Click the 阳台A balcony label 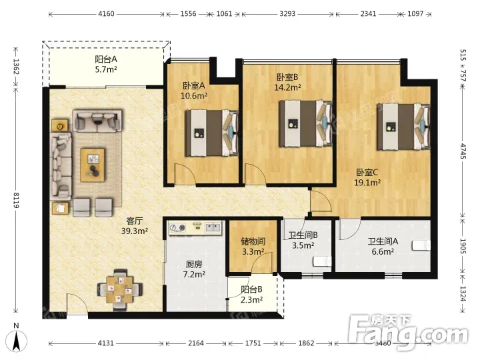(106, 64)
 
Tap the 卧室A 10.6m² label (194, 91)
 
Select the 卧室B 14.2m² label (287, 82)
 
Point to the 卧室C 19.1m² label (367, 177)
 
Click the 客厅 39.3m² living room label (135, 225)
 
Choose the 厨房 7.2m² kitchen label (194, 269)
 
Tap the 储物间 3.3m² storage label (253, 247)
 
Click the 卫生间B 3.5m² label (303, 240)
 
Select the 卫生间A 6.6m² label (383, 247)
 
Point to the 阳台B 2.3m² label (251, 295)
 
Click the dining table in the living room (120, 289)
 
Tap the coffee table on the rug (93, 165)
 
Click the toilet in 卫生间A (421, 246)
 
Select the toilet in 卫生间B (322, 262)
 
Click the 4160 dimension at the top (106, 14)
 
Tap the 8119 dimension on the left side (16, 200)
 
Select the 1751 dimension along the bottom (253, 343)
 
